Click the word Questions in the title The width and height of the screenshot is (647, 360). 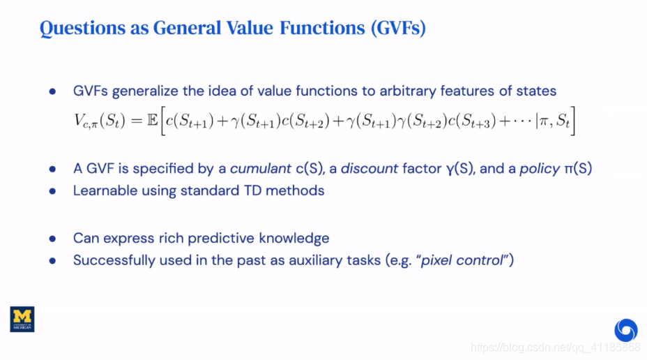(x=82, y=28)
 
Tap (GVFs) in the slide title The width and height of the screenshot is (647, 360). (x=398, y=28)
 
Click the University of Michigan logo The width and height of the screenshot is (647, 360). (x=22, y=319)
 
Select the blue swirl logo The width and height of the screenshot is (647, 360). (x=625, y=330)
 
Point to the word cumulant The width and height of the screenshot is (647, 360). (x=260, y=168)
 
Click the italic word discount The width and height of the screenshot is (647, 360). (x=370, y=168)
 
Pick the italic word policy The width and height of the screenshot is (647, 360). (x=540, y=169)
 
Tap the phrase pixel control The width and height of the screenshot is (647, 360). (x=462, y=260)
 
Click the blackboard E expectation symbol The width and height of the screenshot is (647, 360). (x=152, y=120)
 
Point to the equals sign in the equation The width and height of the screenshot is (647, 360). (x=136, y=121)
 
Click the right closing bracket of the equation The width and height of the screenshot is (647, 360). (x=572, y=121)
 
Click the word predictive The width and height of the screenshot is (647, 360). (x=223, y=239)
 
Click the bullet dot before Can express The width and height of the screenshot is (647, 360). (x=52, y=239)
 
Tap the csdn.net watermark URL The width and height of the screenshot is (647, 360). (x=556, y=347)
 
